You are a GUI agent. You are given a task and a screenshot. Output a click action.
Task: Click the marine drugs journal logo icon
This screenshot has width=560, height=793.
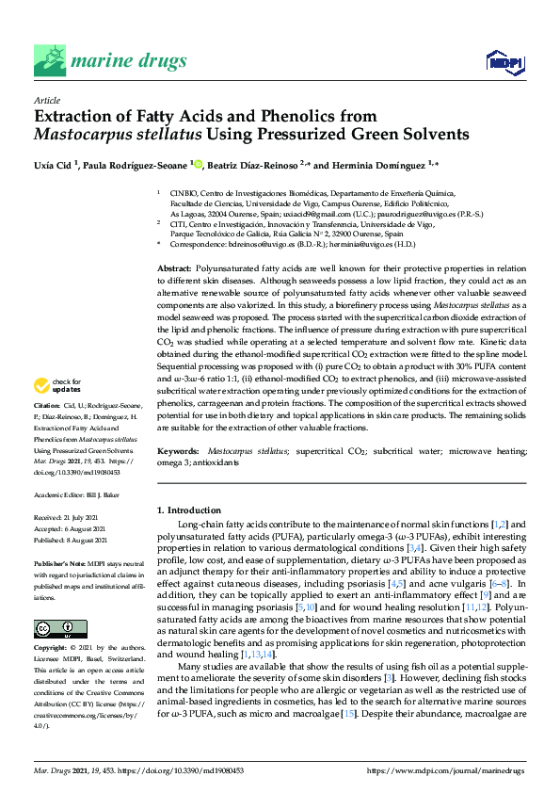coord(50,59)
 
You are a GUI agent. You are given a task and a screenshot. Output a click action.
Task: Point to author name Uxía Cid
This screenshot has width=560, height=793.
coord(54,165)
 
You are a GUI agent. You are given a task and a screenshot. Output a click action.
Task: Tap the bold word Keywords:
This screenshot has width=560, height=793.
coord(178,452)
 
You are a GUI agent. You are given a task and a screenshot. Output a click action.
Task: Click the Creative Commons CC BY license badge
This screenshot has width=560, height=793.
coord(54,603)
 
